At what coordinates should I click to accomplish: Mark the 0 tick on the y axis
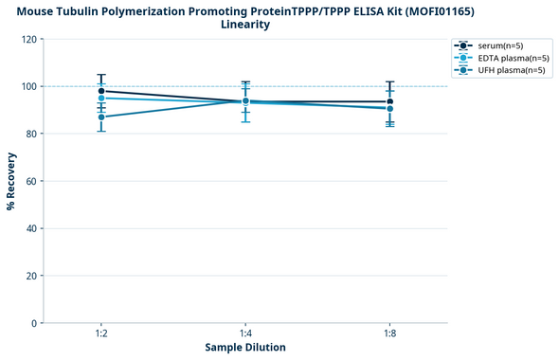click(34, 324)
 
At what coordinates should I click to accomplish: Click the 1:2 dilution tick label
click(101, 334)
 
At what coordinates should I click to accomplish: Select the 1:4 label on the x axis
click(245, 334)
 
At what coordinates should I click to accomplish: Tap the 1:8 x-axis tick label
click(389, 334)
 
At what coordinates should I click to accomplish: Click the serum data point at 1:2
click(101, 91)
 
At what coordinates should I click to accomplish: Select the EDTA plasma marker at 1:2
click(101, 99)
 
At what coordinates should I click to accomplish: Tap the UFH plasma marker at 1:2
click(101, 117)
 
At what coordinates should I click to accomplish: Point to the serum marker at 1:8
click(389, 101)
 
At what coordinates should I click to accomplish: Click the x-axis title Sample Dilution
click(245, 348)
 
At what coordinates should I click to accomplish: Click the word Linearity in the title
click(245, 25)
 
